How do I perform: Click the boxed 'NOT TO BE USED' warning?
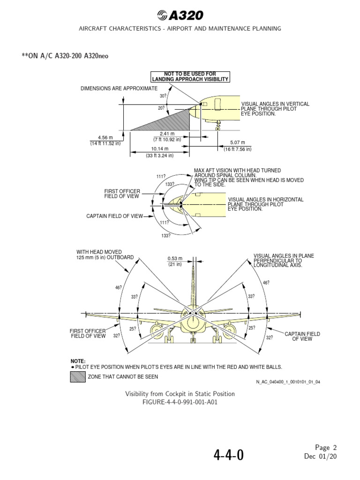(190, 77)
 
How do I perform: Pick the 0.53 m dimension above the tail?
(175, 261)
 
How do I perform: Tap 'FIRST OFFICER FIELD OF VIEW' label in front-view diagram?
(88, 333)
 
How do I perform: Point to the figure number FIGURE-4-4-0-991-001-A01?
(180, 402)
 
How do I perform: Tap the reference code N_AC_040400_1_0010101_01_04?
(288, 382)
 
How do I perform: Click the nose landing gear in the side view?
(217, 125)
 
